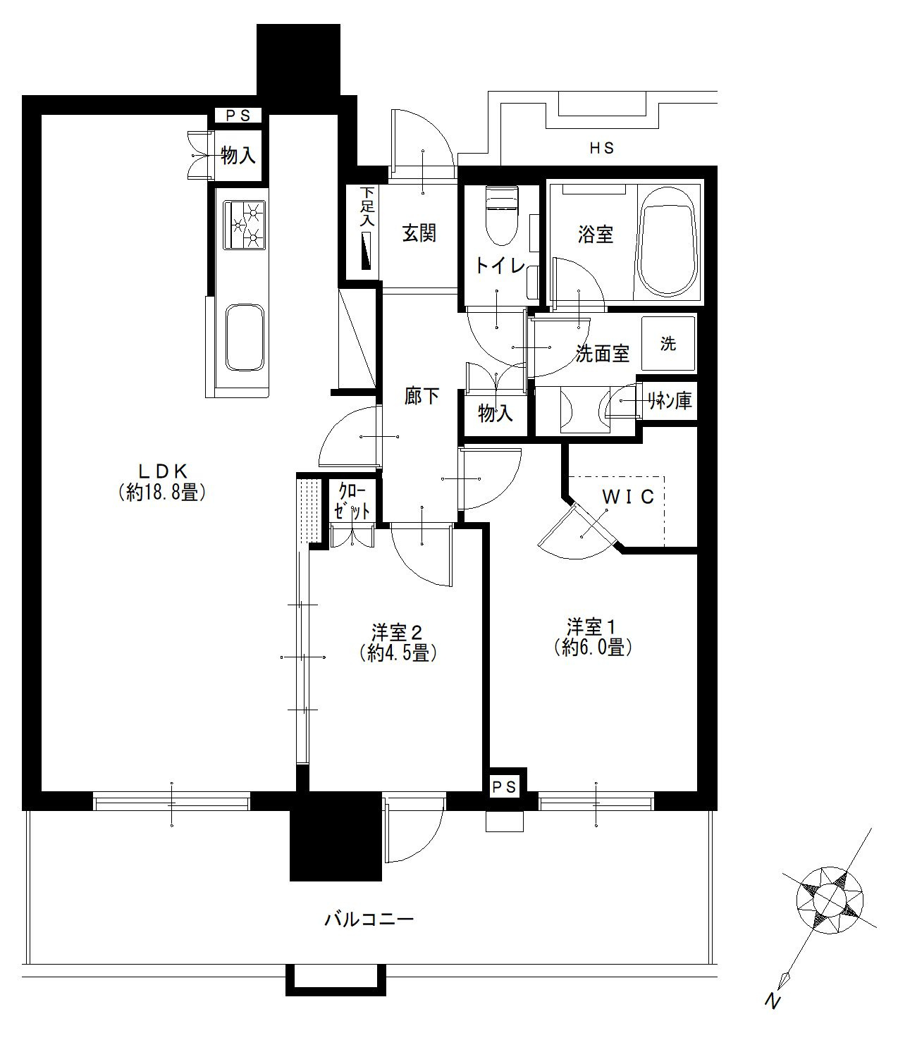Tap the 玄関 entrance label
click(419, 233)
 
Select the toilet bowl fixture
click(502, 216)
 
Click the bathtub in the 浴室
click(668, 242)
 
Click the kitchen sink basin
click(245, 338)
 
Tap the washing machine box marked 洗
click(668, 344)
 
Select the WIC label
click(629, 497)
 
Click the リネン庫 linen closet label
click(669, 401)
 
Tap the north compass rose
click(829, 898)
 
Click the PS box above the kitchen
click(238, 116)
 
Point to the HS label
click(602, 148)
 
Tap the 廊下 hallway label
click(422, 396)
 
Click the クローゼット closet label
click(352, 501)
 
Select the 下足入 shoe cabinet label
click(367, 206)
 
